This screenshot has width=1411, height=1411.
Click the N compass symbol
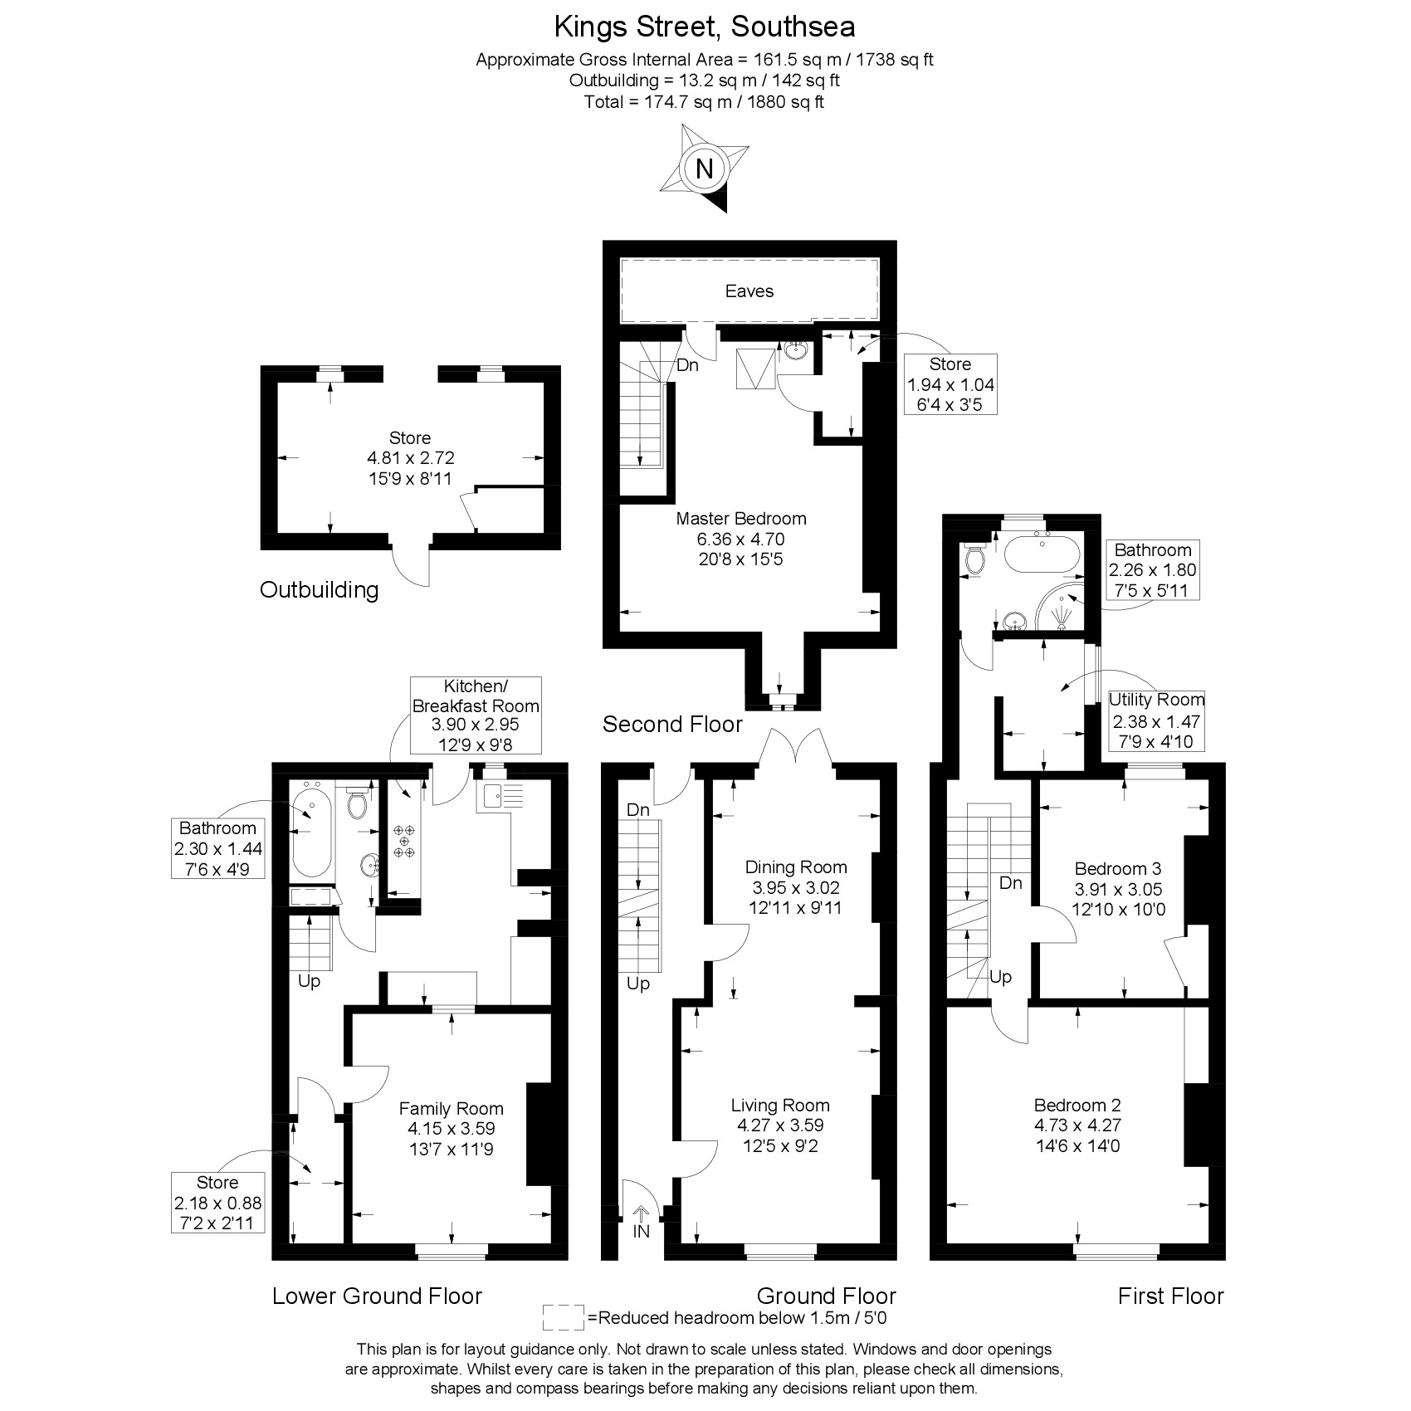[704, 168]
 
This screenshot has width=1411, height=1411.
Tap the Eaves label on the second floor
[749, 291]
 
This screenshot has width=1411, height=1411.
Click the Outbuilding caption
[320, 590]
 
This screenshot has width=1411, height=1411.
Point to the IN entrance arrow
[642, 1220]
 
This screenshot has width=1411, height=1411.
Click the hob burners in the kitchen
[404, 840]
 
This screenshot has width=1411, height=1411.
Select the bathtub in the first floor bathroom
[1042, 554]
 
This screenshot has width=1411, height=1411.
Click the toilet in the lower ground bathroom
[358, 803]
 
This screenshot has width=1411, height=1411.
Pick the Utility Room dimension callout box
[1155, 720]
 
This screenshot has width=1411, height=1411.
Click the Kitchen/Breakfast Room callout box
[476, 715]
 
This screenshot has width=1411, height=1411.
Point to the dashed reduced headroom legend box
[563, 1317]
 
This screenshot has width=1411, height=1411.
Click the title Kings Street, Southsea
[705, 27]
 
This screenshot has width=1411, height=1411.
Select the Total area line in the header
[705, 102]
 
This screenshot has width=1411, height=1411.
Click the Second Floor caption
[672, 725]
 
